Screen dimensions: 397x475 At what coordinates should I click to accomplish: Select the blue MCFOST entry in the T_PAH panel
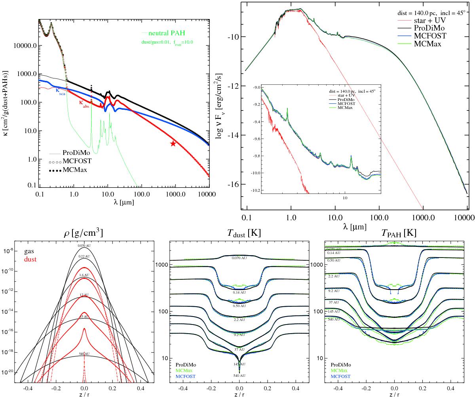pyautogui.click(x=342, y=376)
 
